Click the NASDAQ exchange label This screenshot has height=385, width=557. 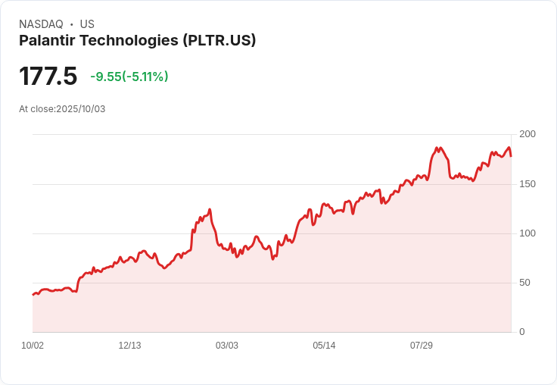tap(41, 24)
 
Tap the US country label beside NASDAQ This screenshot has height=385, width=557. tap(87, 24)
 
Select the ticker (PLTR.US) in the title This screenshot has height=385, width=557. tap(219, 41)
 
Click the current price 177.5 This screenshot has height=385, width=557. tap(48, 77)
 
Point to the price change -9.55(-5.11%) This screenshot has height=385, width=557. tap(129, 77)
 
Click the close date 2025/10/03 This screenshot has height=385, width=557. tap(80, 109)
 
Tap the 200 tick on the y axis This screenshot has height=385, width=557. tap(527, 134)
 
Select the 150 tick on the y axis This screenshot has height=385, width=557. tap(527, 184)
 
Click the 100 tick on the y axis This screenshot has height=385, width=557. tap(527, 233)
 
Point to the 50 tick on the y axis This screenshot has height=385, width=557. tap(524, 283)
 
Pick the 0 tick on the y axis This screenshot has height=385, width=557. tap(522, 332)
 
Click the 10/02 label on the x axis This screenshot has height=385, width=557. tap(33, 346)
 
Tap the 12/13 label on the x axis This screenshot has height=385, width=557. tap(129, 346)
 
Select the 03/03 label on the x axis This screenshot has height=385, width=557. tap(227, 346)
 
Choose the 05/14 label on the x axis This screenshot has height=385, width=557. tap(324, 346)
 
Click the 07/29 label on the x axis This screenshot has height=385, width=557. tap(422, 346)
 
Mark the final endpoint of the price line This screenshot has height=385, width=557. tap(511, 156)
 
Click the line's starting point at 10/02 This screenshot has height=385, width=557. tap(33, 294)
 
